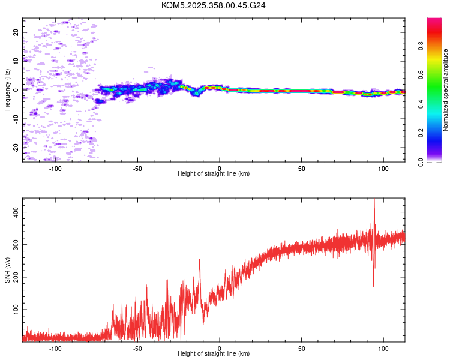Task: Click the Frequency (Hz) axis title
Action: coord(8,90)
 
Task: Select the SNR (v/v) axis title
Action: coord(8,271)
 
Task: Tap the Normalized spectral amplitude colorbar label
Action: coord(446,90)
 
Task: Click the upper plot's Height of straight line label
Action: coord(214,173)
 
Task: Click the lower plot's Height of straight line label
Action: coord(214,353)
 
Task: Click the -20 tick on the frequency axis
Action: coord(16,146)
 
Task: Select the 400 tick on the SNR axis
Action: coord(16,212)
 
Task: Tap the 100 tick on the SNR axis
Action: coord(16,309)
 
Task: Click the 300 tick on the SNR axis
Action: coord(16,245)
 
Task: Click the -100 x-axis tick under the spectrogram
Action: coord(55,169)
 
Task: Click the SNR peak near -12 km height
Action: coord(200,260)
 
